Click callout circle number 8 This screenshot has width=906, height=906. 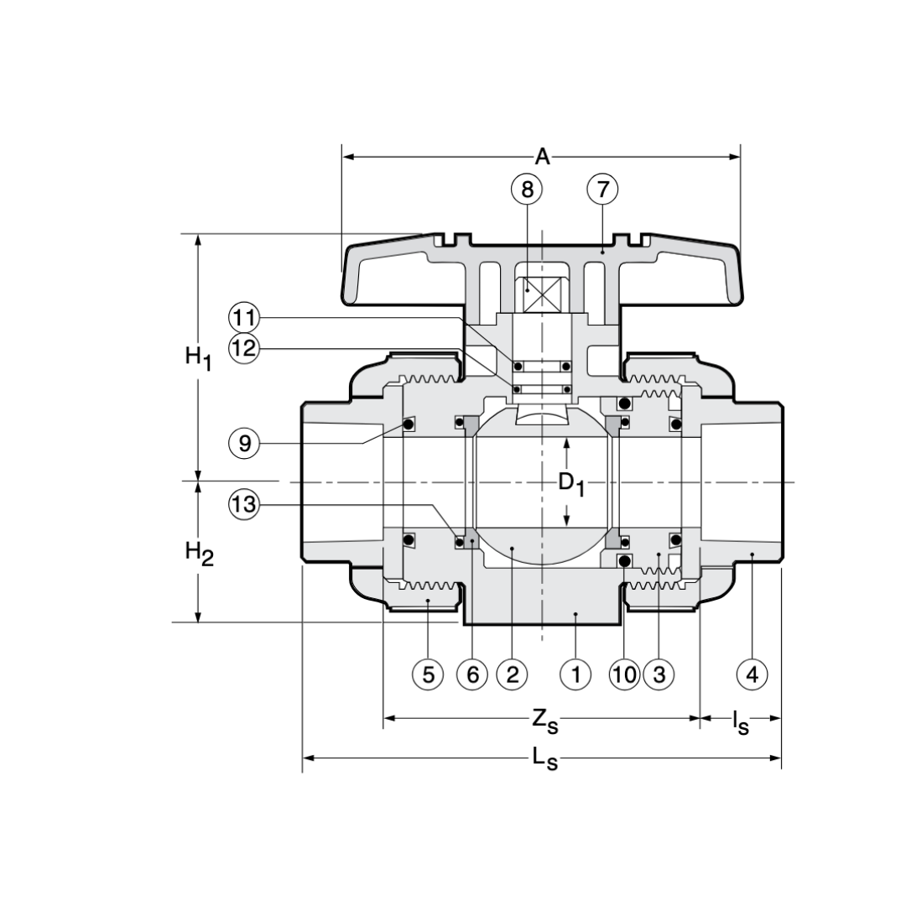[527, 190]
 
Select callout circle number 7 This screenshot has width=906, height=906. [602, 190]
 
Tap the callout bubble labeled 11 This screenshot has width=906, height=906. [244, 319]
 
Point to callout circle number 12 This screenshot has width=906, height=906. [244, 347]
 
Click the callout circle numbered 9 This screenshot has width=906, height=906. [244, 443]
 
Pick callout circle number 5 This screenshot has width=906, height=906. [428, 674]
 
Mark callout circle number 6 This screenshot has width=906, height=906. [472, 674]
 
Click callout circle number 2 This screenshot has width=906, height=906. [512, 674]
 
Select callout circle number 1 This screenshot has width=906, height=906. [575, 674]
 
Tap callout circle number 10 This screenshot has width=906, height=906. [625, 674]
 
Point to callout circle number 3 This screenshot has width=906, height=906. [659, 674]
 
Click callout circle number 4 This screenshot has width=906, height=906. [752, 674]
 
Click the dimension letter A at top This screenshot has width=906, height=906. [543, 157]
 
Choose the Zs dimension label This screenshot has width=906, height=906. [544, 720]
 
